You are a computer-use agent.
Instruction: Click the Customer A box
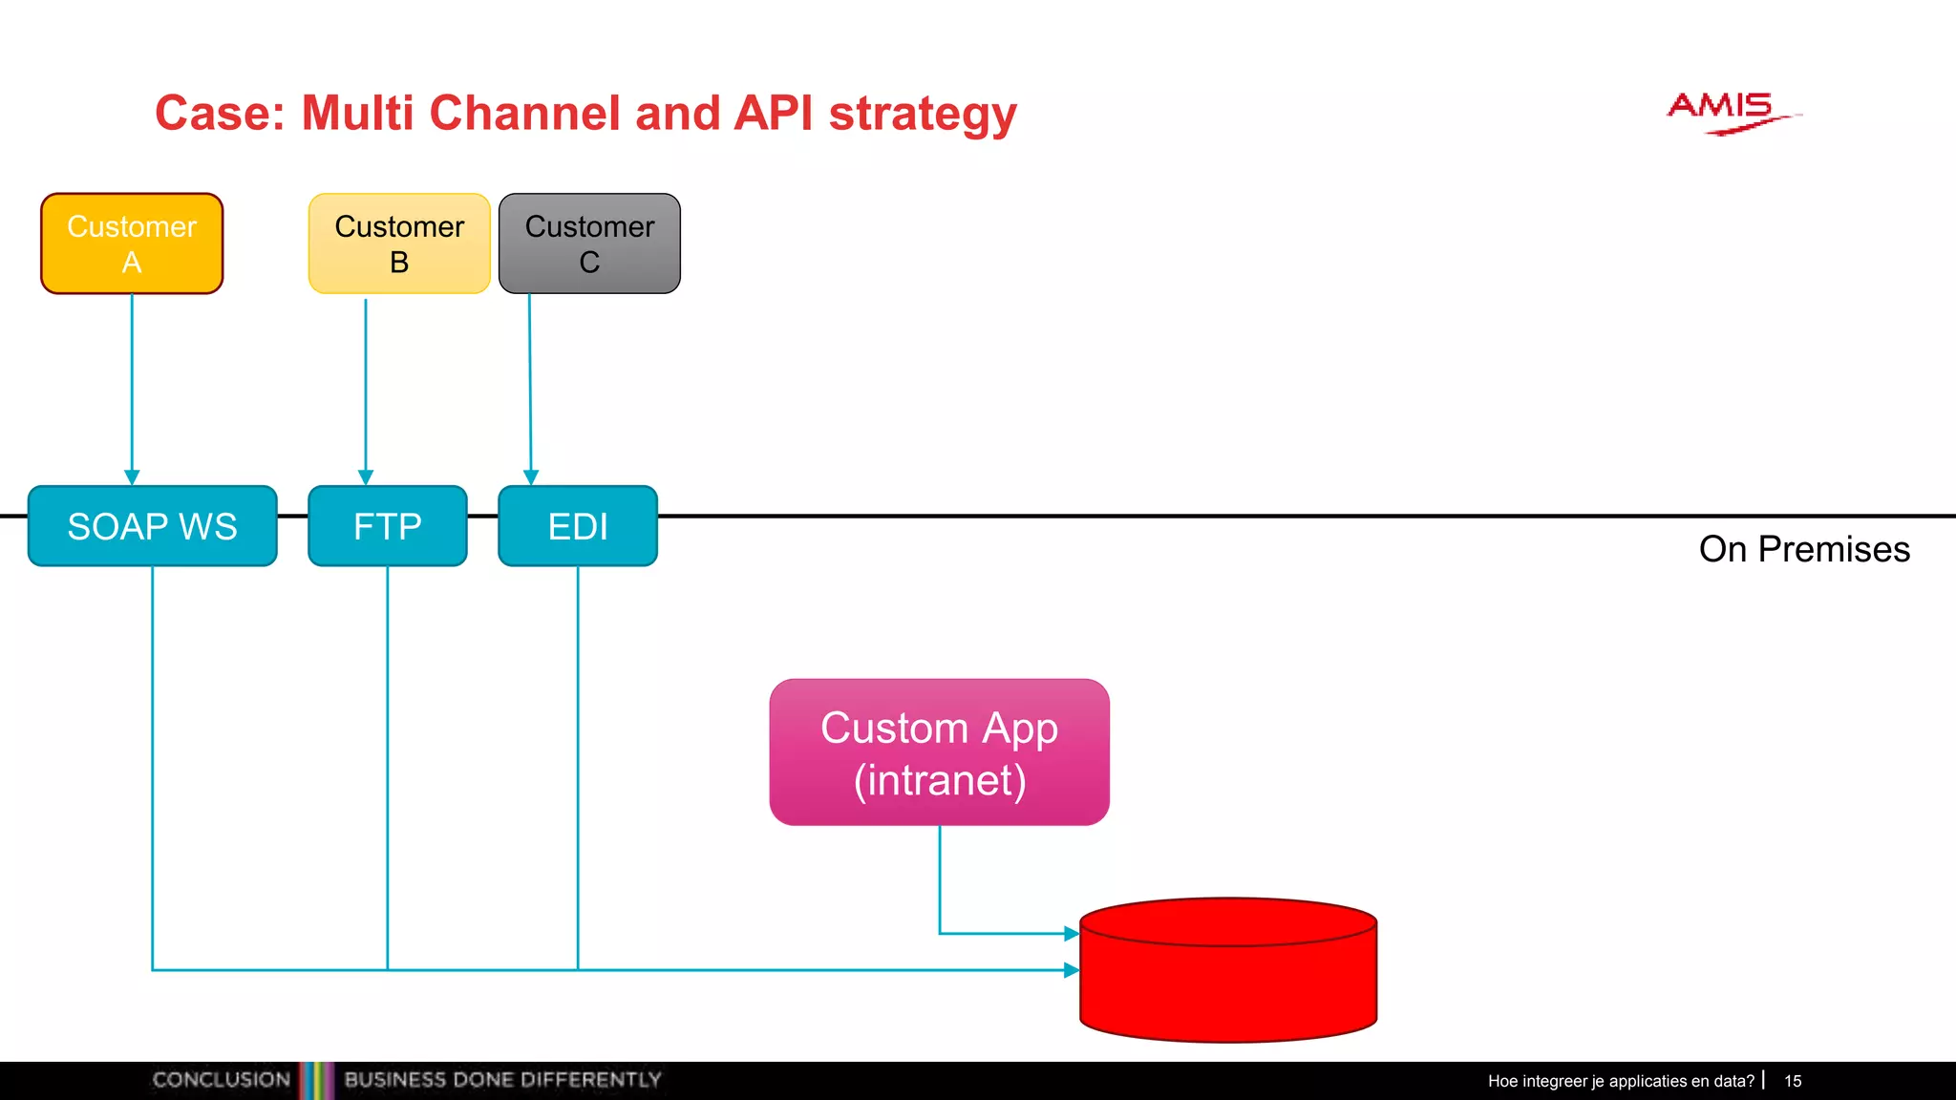pos(132,243)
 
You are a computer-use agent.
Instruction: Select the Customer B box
pos(399,243)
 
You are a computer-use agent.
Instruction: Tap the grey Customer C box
pos(589,243)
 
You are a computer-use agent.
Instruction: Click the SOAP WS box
pos(153,526)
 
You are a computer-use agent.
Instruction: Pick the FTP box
pos(387,526)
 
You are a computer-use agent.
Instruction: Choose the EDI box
pos(578,526)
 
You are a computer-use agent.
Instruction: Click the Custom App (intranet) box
pos(939,752)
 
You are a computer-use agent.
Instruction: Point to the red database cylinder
pos(1228,984)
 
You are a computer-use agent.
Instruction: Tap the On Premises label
pos(1803,549)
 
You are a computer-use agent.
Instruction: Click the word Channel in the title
pos(525,113)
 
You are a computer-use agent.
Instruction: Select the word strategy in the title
pos(923,115)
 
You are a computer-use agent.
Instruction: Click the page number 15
pos(1793,1081)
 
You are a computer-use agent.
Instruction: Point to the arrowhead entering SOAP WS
pos(132,476)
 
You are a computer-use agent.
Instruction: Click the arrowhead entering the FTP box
pos(366,476)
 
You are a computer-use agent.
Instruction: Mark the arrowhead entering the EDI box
pos(531,476)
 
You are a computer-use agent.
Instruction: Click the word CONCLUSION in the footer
pos(221,1080)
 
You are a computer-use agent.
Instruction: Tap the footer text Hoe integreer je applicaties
pos(1620,1081)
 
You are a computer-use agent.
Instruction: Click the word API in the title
pos(774,113)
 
